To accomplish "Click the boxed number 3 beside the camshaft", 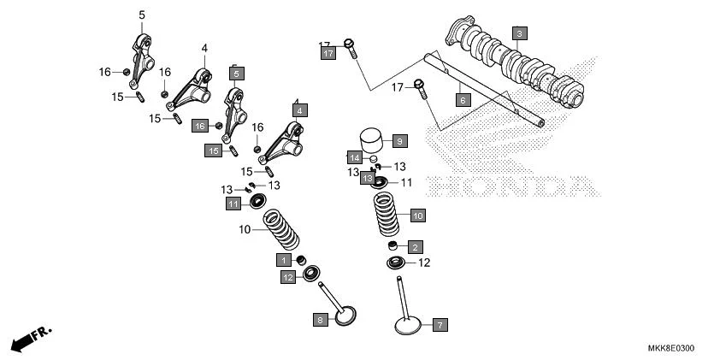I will (519, 33).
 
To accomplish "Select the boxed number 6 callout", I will (463, 100).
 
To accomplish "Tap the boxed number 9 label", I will (399, 140).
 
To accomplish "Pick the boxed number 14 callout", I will (354, 157).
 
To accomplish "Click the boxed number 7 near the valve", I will (440, 325).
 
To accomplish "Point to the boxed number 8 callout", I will (320, 320).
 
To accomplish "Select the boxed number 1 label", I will (282, 259).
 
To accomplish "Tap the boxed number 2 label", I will (415, 247).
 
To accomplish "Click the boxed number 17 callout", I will (328, 53).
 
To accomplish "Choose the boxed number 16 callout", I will (199, 126).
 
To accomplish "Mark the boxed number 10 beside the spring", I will (417, 215).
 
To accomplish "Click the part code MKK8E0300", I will (670, 348).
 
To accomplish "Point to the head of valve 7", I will (407, 326).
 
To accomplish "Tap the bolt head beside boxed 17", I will (350, 44).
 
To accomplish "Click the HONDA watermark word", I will (509, 186).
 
